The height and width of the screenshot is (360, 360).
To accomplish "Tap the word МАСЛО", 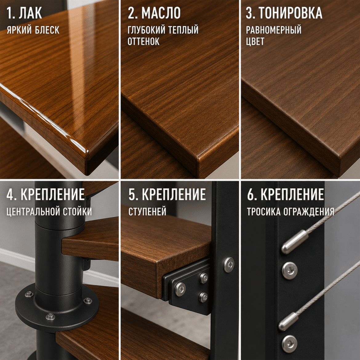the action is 161,13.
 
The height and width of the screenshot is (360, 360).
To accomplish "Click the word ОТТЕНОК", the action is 143,42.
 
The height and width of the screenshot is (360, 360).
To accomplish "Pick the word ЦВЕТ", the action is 255,42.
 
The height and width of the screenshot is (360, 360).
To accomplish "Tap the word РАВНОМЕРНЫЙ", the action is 274,30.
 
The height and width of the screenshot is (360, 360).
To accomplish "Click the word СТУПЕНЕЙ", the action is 147,212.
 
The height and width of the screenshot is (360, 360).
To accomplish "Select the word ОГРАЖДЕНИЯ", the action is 309,212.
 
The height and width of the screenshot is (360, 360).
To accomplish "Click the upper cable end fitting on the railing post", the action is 294,242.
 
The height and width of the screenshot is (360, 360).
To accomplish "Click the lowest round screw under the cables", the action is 290,344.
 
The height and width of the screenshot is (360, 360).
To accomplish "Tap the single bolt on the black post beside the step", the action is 229,265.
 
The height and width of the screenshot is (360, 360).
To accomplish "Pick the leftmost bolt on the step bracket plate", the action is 180,289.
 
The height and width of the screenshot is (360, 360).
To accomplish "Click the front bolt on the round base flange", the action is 50,317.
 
